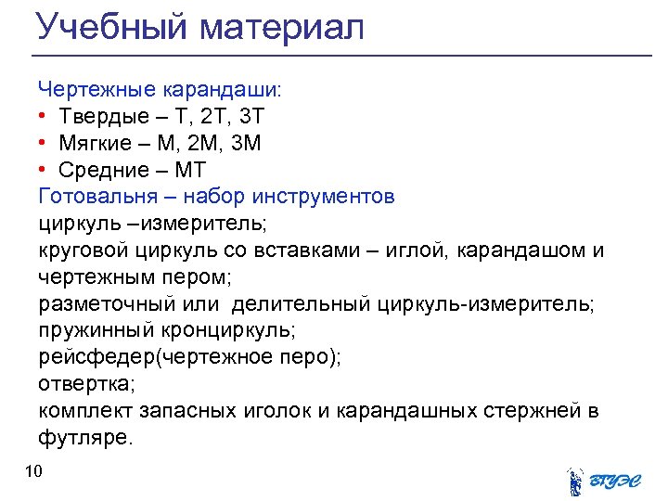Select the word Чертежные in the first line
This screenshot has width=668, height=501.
coord(97,90)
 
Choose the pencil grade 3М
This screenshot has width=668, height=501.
coord(246,144)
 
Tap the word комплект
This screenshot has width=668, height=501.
coord(83,411)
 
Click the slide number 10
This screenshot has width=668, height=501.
coord(34,473)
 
